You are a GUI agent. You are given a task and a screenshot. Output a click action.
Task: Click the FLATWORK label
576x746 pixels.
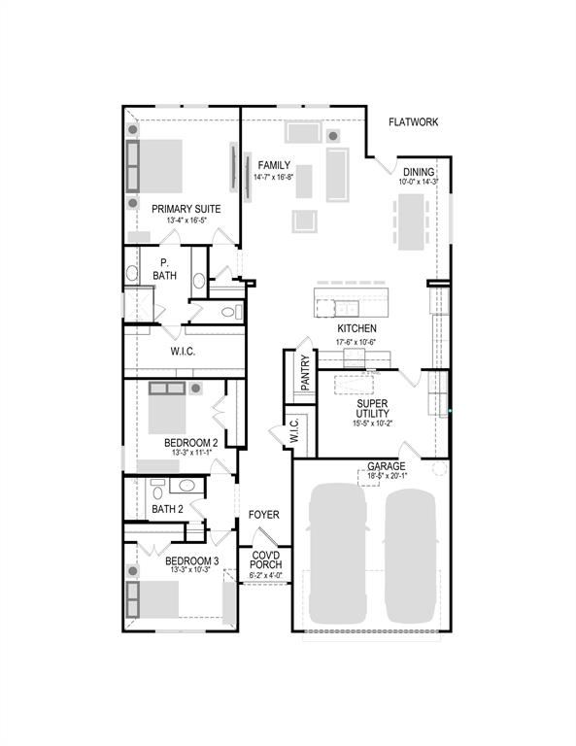click(x=414, y=121)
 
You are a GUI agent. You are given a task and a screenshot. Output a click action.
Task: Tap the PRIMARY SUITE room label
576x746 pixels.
click(x=186, y=209)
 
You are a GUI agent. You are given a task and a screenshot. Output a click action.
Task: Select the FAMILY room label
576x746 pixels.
click(x=274, y=165)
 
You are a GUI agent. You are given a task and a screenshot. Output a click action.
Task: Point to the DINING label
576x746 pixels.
click(x=419, y=171)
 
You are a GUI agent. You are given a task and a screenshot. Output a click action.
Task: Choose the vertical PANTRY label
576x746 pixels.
click(x=305, y=373)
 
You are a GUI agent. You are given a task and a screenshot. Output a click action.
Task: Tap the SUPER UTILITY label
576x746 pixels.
click(x=372, y=408)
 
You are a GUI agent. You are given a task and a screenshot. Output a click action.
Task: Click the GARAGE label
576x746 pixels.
click(x=387, y=466)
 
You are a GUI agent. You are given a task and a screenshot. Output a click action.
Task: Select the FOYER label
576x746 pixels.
click(x=264, y=514)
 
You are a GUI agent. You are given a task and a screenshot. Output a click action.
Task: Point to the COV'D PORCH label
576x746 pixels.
click(x=266, y=559)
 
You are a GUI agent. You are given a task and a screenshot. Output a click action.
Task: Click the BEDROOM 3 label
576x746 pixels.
click(x=191, y=560)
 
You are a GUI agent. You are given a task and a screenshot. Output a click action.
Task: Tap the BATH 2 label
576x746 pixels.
click(x=167, y=508)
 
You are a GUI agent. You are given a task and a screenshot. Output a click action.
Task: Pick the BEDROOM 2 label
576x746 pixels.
click(x=190, y=442)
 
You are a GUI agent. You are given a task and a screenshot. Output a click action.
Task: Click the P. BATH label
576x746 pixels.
click(x=165, y=270)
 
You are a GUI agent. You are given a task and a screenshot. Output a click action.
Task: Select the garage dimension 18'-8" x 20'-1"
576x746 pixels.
click(x=387, y=477)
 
